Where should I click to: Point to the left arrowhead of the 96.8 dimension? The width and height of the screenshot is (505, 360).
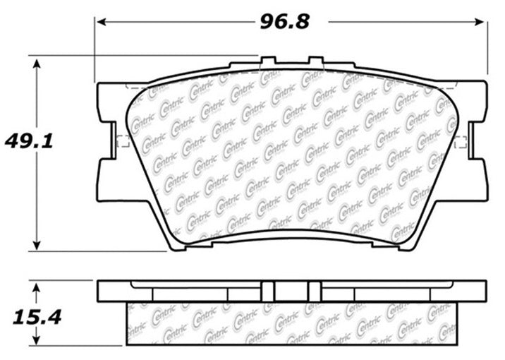click(100, 22)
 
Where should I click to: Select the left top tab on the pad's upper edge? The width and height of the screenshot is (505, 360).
click(268, 63)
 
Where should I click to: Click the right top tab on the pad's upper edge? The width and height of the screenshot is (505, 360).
click(314, 63)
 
